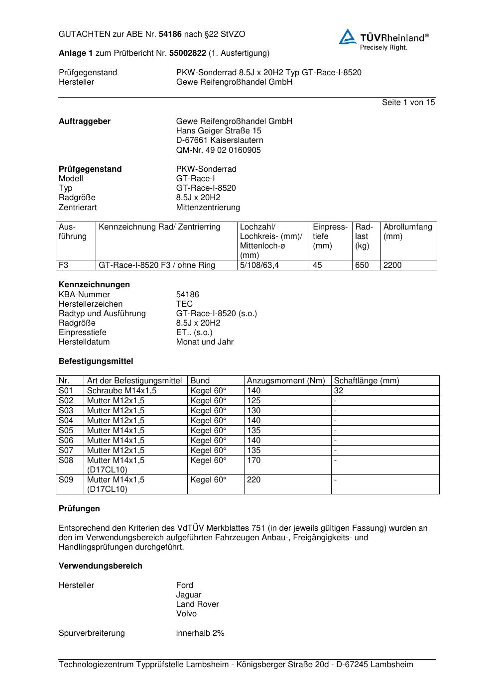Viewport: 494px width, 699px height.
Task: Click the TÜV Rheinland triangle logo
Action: tap(348, 37)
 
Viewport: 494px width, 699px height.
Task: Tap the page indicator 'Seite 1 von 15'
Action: tap(408, 103)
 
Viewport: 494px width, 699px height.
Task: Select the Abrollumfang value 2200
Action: tap(392, 265)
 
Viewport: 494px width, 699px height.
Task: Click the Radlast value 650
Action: tap(362, 265)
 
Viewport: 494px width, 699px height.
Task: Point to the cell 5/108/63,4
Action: tap(259, 265)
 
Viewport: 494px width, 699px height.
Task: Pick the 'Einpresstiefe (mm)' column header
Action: tap(330, 236)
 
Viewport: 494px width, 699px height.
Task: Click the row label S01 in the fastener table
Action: tap(66, 391)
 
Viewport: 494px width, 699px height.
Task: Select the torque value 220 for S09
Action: tap(253, 480)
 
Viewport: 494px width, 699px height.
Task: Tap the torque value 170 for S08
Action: tap(253, 461)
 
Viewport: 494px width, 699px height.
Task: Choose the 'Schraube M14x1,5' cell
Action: tap(122, 391)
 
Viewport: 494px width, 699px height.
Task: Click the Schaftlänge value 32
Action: tap(339, 391)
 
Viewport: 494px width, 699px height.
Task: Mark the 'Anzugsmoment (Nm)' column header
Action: tap(286, 381)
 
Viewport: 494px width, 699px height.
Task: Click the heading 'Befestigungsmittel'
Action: tap(96, 361)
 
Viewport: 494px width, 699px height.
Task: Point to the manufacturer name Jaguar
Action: tap(189, 595)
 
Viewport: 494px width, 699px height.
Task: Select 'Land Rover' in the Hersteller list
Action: tap(197, 604)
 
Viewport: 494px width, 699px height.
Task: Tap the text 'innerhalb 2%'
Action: tap(200, 633)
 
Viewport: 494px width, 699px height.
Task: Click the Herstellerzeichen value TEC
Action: tap(184, 304)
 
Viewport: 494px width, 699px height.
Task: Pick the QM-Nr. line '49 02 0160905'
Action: tap(218, 150)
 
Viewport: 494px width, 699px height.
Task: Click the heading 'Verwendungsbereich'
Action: tap(100, 566)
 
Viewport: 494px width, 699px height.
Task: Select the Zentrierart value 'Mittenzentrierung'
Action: tap(208, 208)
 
